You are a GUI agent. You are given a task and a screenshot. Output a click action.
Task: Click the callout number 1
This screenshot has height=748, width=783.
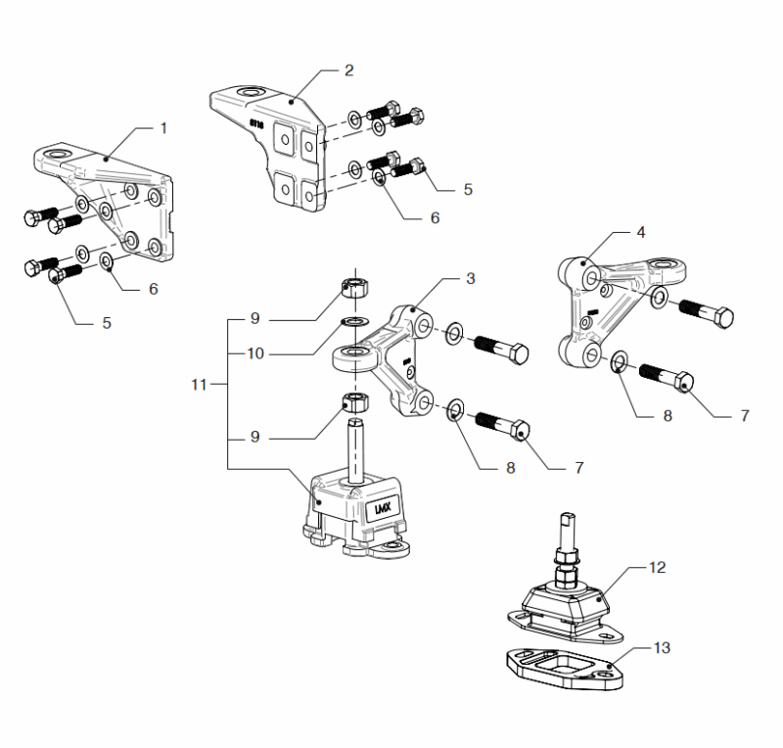pos(163,128)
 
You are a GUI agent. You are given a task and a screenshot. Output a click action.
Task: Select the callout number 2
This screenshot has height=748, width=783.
pos(349,70)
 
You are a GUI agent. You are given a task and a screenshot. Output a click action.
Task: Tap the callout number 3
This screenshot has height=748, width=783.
pos(471,279)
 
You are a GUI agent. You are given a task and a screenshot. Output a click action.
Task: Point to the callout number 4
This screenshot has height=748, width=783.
pos(641,232)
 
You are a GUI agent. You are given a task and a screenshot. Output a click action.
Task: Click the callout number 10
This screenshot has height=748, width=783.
pos(255,353)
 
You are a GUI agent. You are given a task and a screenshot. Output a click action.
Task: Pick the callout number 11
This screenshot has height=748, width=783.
pos(199,385)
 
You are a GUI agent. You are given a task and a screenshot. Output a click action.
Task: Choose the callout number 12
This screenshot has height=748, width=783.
pos(657,568)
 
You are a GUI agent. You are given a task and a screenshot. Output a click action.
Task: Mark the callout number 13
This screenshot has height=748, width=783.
pos(662,648)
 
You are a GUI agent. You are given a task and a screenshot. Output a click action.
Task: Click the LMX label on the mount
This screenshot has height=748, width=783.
pos(384,509)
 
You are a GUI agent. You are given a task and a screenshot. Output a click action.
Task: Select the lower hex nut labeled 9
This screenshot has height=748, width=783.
pos(355,400)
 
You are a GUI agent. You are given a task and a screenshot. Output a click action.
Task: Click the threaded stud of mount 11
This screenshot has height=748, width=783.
pos(355,450)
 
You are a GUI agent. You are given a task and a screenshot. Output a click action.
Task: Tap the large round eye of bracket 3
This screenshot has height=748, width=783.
pos(353,356)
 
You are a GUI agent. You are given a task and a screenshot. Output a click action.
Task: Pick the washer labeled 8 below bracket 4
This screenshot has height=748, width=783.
pos(620,361)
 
